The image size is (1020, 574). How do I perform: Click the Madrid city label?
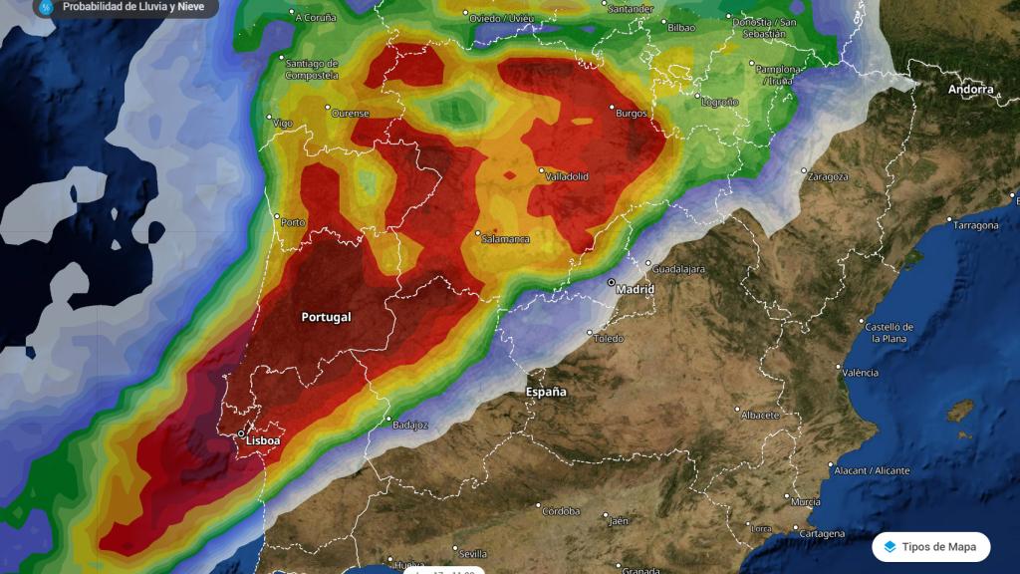point(636,289)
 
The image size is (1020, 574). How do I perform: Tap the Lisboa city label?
point(262,440)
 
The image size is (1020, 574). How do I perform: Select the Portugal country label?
point(326,317)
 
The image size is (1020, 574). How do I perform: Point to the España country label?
point(546,392)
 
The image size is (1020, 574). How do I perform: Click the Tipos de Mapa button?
point(931,547)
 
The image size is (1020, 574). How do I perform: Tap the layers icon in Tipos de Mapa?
point(890,547)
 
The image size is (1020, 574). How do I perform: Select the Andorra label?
point(970,90)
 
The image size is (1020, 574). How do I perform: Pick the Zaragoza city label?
point(829,176)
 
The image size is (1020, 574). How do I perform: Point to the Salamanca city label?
point(506,239)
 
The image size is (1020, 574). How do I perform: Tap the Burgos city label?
point(632,114)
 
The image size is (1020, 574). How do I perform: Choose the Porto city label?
point(293,222)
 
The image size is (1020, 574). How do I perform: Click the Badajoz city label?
point(410,425)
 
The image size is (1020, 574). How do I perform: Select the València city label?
point(861,373)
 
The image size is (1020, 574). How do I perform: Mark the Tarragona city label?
point(976,225)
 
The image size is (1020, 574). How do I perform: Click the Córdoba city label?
point(561,511)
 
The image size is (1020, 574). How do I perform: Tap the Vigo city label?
point(283,124)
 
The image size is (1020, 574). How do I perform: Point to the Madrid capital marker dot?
point(611,282)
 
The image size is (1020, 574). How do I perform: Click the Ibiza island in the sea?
point(959,410)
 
